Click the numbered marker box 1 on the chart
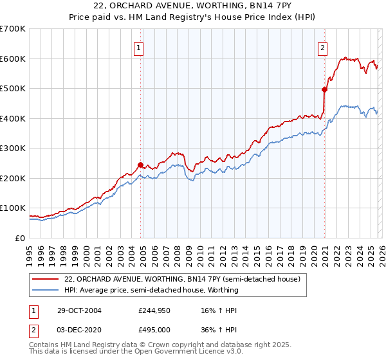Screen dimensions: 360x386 (x=139, y=47)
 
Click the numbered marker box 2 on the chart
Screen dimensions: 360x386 (x=322, y=47)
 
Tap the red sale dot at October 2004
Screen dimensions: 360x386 (x=140, y=165)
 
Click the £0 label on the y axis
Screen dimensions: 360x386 (x=20, y=239)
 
